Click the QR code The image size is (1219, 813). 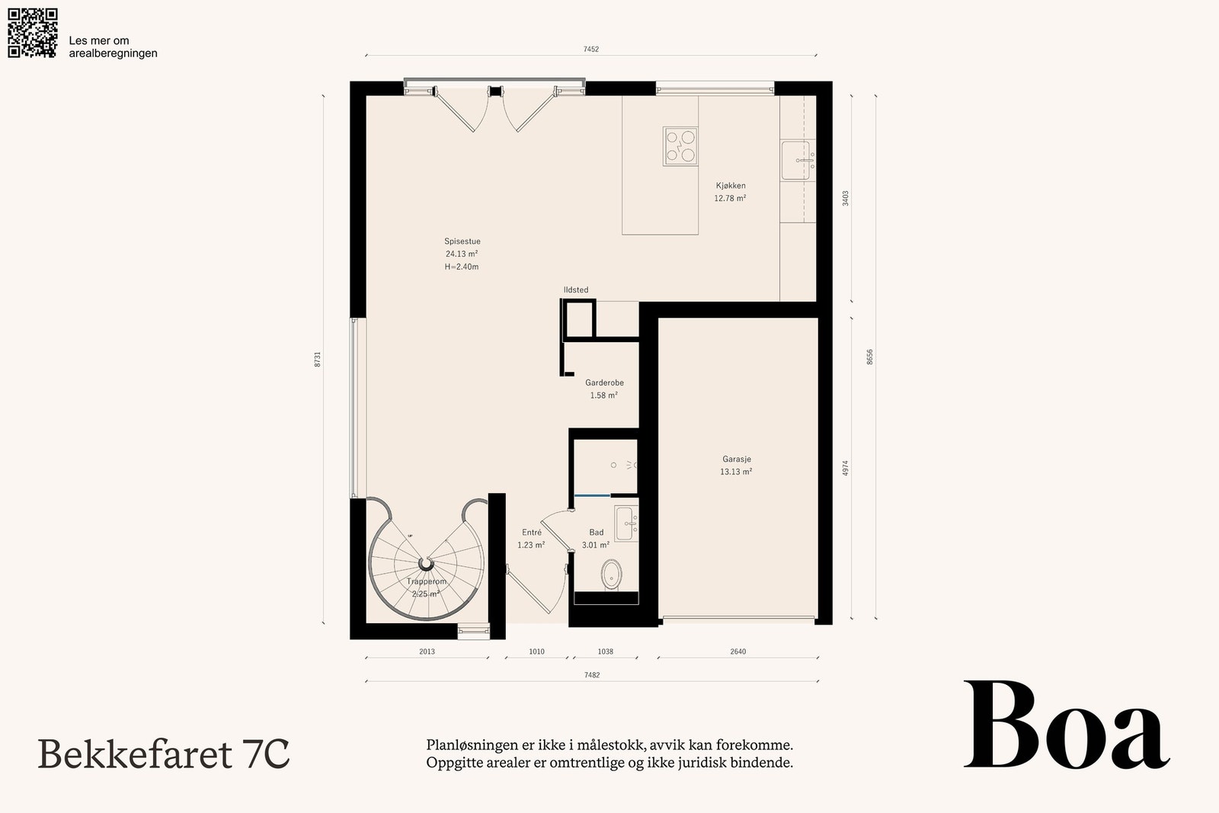point(33,33)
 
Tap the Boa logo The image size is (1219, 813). point(1067,725)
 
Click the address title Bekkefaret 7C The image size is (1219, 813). point(163,754)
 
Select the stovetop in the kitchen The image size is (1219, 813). point(680,146)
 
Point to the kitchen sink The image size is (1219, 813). point(798,160)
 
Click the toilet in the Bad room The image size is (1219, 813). point(613,575)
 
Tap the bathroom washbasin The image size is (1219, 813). point(625,523)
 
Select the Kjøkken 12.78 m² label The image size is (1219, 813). point(731,192)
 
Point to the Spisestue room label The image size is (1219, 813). point(462,241)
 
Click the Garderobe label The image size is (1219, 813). point(604,382)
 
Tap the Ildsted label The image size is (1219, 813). point(576,290)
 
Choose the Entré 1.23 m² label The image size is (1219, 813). point(531,539)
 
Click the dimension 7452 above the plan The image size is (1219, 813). point(591,49)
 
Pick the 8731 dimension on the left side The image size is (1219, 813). point(317,359)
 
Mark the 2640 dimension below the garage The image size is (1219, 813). point(738,651)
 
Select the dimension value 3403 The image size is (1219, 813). point(845,198)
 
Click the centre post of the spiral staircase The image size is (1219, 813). point(426,562)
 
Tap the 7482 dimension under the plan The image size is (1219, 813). point(592,675)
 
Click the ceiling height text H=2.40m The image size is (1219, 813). point(462,267)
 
